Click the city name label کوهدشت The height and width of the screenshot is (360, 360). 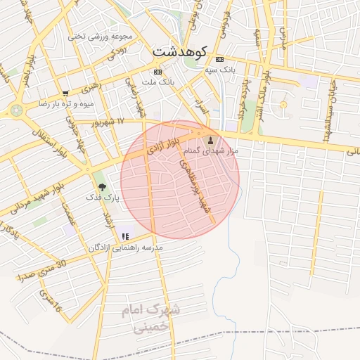pyautogui.click(x=179, y=52)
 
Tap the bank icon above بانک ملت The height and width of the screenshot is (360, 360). pyautogui.click(x=157, y=72)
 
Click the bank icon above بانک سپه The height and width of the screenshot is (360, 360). pyautogui.click(x=221, y=59)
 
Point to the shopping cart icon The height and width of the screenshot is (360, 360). pyautogui.click(x=65, y=93)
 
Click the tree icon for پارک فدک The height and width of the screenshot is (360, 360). pyautogui.click(x=103, y=187)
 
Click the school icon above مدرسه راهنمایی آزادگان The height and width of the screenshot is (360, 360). pyautogui.click(x=126, y=237)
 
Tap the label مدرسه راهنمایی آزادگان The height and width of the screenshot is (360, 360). pyautogui.click(x=126, y=248)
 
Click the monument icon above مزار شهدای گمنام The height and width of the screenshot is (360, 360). pyautogui.click(x=211, y=140)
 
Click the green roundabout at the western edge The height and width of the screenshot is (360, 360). pyautogui.click(x=16, y=110)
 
